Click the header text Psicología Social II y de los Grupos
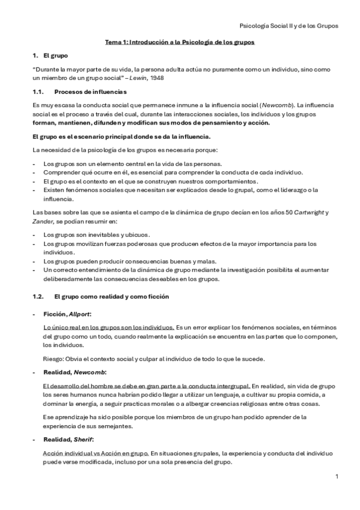point(288,26)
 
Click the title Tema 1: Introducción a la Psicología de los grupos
point(180,43)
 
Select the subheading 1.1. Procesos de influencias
point(79,91)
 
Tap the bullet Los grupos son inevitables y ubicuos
point(96,234)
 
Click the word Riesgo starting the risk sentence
point(54,359)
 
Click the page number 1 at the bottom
point(337,476)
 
